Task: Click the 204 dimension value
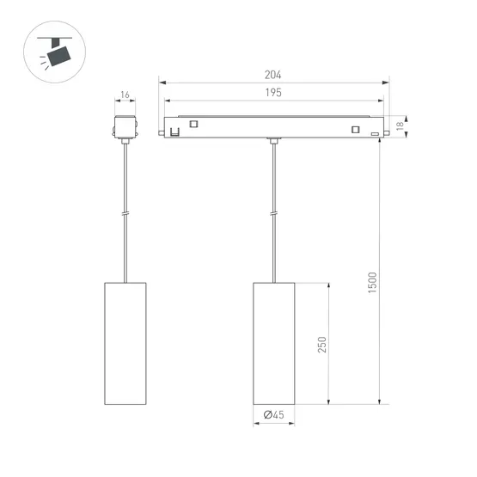pyautogui.click(x=274, y=75)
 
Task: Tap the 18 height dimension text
pyautogui.click(x=400, y=126)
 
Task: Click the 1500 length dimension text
pyautogui.click(x=371, y=284)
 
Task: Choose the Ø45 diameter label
pyautogui.click(x=274, y=415)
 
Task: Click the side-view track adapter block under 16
pyautogui.click(x=125, y=125)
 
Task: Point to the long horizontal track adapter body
pyautogui.click(x=274, y=126)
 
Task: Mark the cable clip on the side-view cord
pyautogui.click(x=126, y=216)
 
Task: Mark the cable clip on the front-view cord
pyautogui.click(x=274, y=216)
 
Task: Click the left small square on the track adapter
pyautogui.click(x=194, y=125)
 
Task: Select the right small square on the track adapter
pyautogui.click(x=353, y=130)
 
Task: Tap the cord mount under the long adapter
pyautogui.click(x=274, y=141)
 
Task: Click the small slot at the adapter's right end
pyautogui.click(x=374, y=135)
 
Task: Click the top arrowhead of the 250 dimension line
pyautogui.click(x=330, y=284)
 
